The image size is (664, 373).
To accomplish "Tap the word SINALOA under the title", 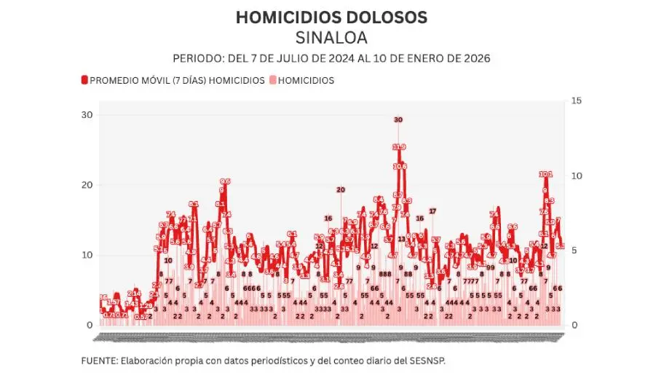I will click(x=331, y=37).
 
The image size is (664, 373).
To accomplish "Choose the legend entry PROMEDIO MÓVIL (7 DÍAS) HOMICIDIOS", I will click(x=177, y=80).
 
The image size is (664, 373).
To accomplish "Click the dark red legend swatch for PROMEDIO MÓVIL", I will click(x=84, y=80).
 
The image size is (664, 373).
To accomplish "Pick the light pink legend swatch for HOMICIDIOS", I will click(x=273, y=80).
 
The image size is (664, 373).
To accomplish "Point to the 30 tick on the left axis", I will click(x=87, y=115).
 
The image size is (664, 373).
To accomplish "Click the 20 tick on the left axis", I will click(x=87, y=185).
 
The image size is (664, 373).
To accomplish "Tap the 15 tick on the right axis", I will click(x=575, y=101).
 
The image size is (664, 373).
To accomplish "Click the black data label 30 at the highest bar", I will click(x=398, y=119).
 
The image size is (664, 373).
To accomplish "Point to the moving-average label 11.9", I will click(x=399, y=147).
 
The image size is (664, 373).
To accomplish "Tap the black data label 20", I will click(x=340, y=190).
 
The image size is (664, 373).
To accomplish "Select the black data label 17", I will click(x=432, y=211).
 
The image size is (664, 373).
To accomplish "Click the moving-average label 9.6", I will click(x=225, y=181).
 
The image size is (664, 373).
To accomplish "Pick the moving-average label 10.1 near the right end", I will click(x=546, y=174).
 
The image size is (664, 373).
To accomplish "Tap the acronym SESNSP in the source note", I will click(x=426, y=361).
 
